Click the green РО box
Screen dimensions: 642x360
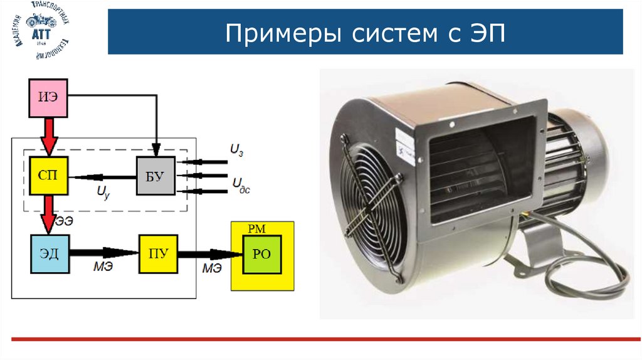pos(262,254)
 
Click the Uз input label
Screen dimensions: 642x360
pos(236,151)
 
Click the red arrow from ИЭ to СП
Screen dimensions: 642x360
pos(48,135)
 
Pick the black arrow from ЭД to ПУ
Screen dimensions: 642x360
pos(103,253)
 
